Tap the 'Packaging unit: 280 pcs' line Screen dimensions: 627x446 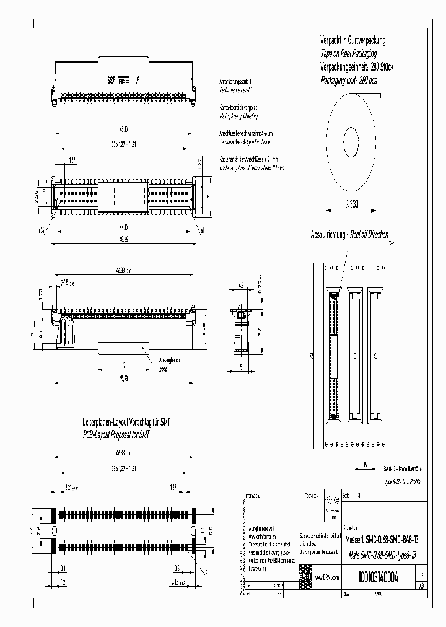point(348,81)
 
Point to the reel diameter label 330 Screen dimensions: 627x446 point(351,204)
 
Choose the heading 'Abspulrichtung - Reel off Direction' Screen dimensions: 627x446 point(349,235)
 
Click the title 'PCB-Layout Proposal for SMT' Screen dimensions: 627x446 point(117,435)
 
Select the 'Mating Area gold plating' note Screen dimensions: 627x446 point(238,116)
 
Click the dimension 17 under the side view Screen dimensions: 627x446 point(124,364)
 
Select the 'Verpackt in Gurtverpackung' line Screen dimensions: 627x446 point(352,41)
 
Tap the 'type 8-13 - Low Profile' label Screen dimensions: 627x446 point(403,481)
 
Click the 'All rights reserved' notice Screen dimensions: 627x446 point(257,522)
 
